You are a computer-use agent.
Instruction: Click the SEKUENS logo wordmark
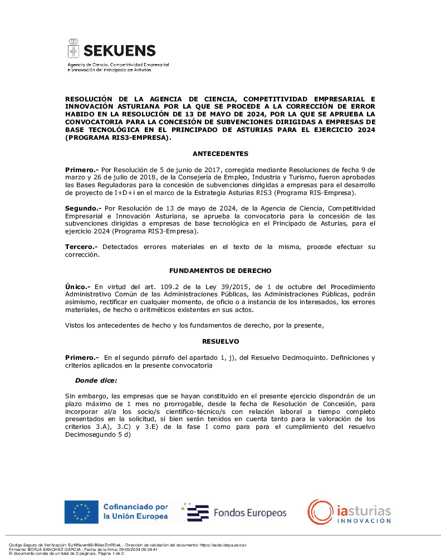(x=119, y=51)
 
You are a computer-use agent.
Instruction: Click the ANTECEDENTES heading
(x=220, y=154)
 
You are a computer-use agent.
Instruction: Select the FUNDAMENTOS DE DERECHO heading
(x=220, y=271)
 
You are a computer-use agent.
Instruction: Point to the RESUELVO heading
(x=220, y=341)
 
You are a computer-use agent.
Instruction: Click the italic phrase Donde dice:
(x=96, y=380)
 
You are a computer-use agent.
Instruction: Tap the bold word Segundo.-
(x=83, y=208)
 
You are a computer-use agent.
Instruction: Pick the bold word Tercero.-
(x=82, y=247)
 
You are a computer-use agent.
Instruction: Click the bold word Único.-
(x=79, y=286)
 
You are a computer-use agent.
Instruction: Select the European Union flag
(x=81, y=512)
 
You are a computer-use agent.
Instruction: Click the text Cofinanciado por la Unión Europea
(x=135, y=512)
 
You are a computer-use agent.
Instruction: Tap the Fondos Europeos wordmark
(x=250, y=513)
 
